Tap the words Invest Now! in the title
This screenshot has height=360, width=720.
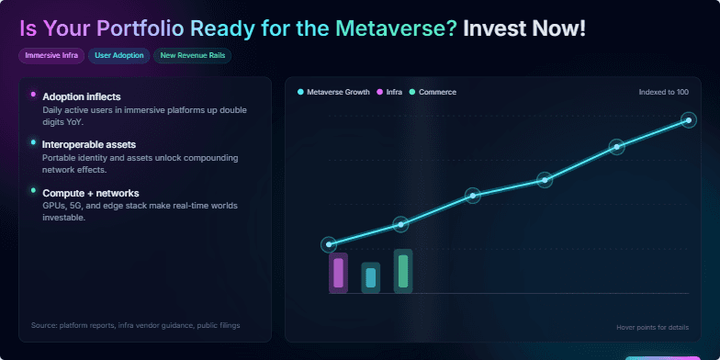[x=523, y=28]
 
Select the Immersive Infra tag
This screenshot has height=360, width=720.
[x=51, y=56]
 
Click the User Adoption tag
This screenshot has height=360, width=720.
[x=119, y=56]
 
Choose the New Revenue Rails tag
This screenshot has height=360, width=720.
[x=192, y=56]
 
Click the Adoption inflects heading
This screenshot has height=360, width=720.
[x=82, y=96]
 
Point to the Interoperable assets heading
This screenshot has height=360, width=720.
[x=89, y=145]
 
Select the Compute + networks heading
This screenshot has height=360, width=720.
[x=91, y=193]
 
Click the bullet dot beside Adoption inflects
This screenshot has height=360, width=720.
[x=33, y=95]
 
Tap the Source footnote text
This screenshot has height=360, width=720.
[x=135, y=325]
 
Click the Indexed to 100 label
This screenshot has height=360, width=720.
[x=663, y=92]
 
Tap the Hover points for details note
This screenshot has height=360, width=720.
[x=652, y=327]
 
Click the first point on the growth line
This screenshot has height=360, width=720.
[x=329, y=244]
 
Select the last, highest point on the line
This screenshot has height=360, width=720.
[x=689, y=119]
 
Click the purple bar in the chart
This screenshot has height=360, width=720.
[x=338, y=274]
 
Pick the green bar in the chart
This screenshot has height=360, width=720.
[x=402, y=271]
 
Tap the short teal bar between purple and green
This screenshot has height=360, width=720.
[x=370, y=277]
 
